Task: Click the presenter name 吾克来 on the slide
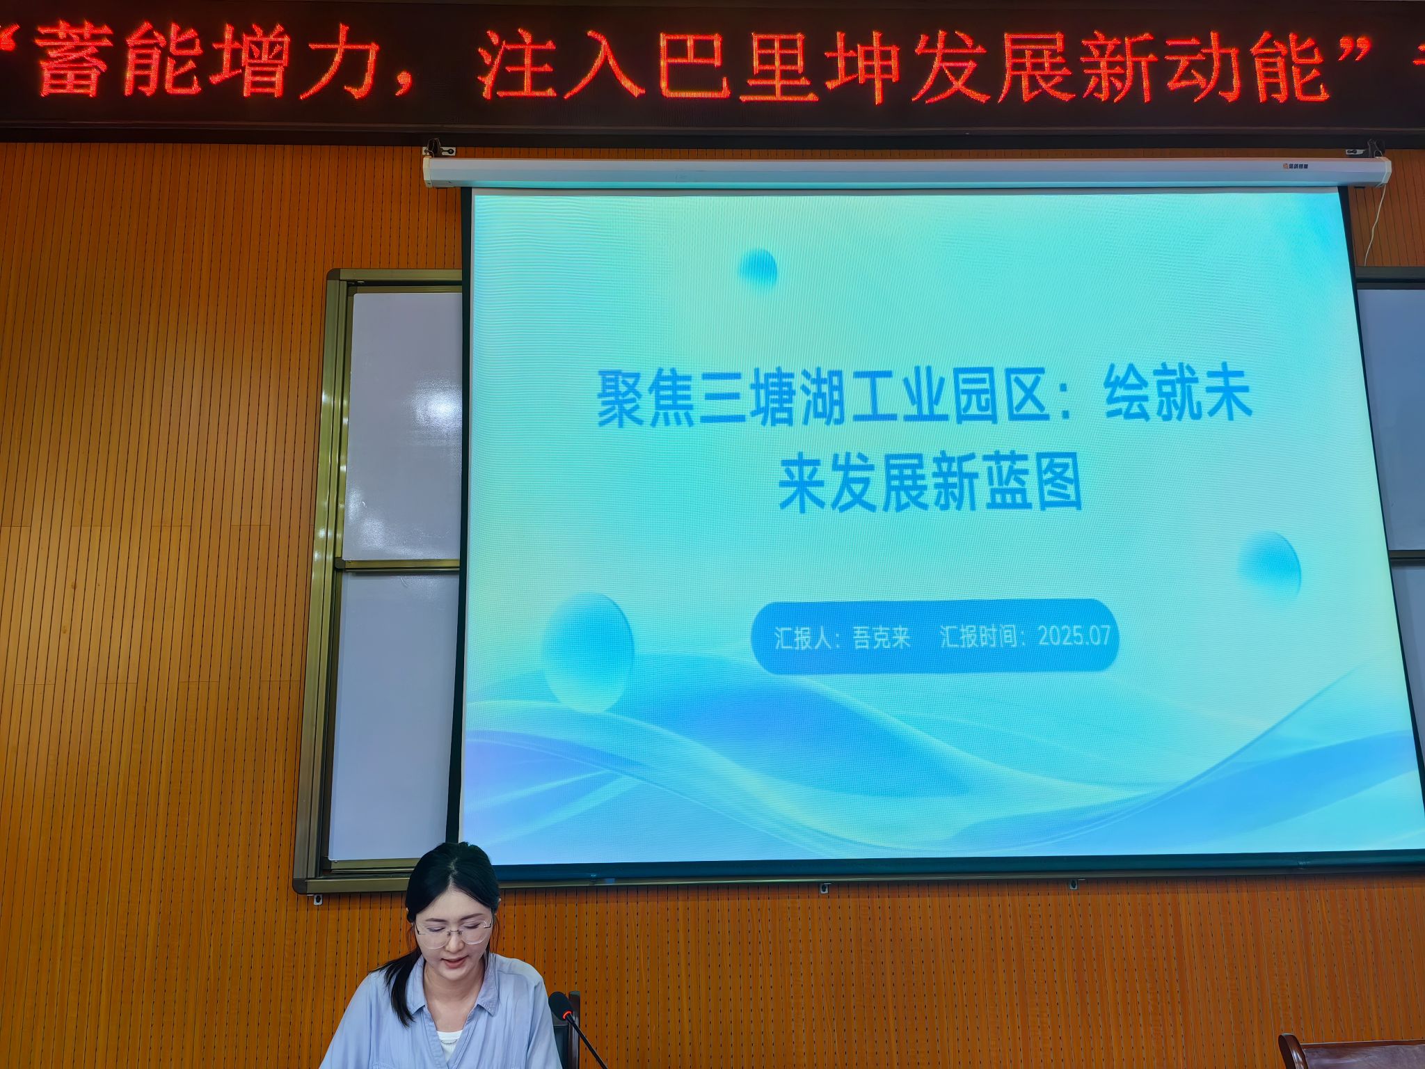881,637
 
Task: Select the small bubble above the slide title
758,269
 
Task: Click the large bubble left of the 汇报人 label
589,651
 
